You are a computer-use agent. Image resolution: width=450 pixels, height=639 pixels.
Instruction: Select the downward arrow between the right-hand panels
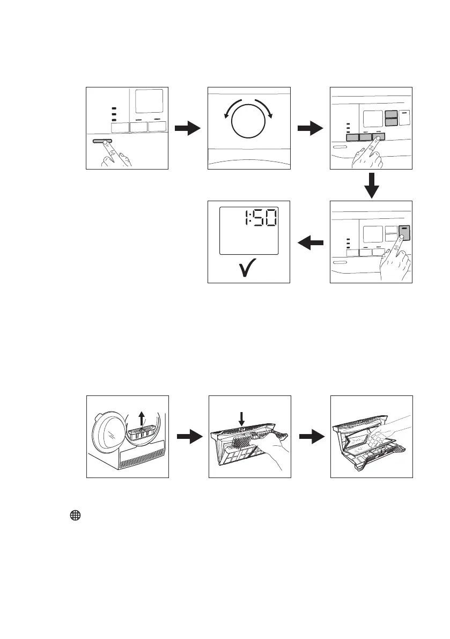coord(371,186)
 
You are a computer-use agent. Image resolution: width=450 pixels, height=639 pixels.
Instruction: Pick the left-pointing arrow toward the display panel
coord(310,243)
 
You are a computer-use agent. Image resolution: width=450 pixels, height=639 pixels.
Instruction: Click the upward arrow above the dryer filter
coord(142,418)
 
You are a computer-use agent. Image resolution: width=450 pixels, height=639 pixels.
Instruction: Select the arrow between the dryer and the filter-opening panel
coord(188,437)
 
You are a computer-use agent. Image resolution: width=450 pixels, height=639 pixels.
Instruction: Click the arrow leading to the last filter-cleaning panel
coord(310,437)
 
